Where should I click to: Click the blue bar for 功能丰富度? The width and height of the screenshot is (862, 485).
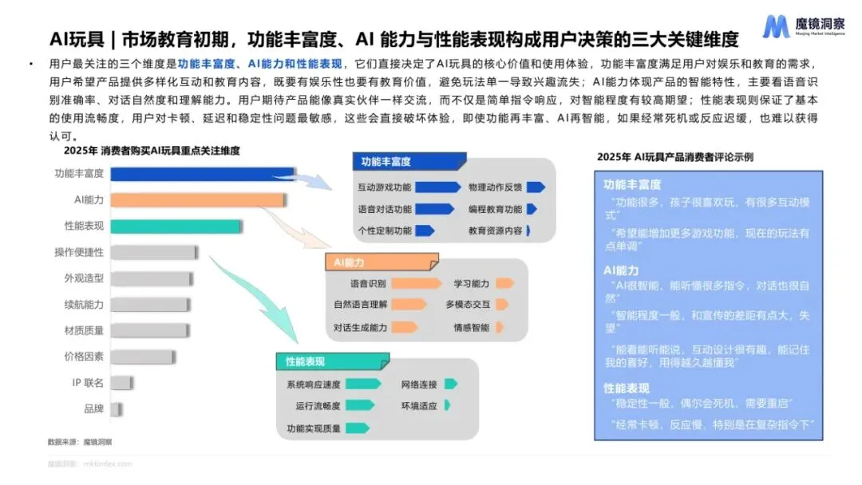[204, 174]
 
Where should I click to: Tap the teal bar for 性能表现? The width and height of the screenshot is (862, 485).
[176, 227]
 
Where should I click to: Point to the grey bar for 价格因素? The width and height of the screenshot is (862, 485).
[142, 357]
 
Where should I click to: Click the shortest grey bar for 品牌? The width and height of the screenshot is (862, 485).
[116, 409]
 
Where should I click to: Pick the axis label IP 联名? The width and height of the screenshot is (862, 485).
[88, 383]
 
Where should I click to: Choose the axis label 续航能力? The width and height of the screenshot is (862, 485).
[84, 305]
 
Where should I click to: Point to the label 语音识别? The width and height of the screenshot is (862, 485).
[368, 283]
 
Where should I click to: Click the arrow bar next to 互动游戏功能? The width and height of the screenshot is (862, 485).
[437, 187]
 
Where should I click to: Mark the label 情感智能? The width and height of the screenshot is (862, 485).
[472, 327]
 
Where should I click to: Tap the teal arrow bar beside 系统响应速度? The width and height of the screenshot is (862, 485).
[362, 384]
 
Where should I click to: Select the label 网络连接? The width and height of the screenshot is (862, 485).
[419, 384]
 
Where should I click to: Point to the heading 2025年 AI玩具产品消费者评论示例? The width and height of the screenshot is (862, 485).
[674, 157]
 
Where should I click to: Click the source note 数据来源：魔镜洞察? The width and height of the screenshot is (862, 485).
[80, 441]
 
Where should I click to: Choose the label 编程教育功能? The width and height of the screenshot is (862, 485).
[495, 209]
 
